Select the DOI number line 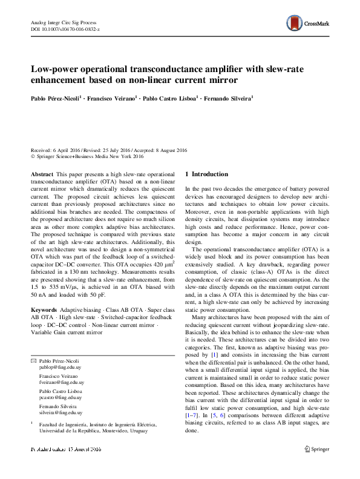tap(65, 29)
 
